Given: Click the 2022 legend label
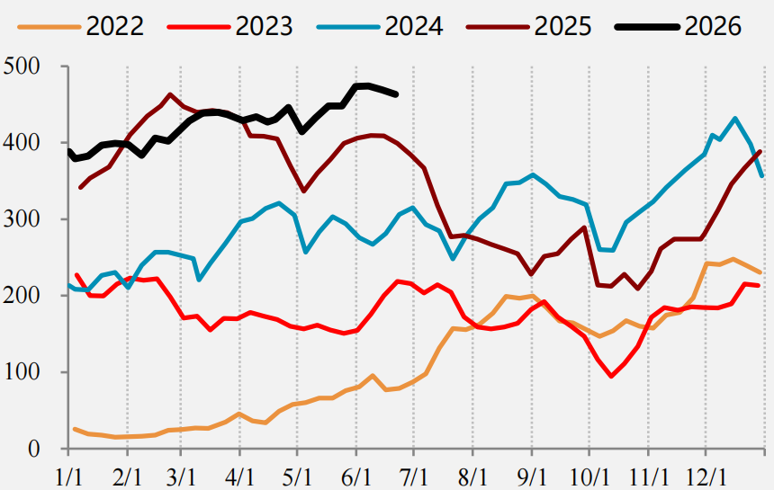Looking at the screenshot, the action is [115, 26].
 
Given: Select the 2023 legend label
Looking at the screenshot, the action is [264, 26].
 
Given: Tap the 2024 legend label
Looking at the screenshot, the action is [414, 26].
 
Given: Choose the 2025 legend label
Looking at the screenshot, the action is [562, 26].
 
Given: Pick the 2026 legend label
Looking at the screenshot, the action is [713, 26].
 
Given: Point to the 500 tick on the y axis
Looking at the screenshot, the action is [22, 66].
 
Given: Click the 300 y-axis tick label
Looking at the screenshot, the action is [22, 218].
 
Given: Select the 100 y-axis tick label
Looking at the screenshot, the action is [22, 371].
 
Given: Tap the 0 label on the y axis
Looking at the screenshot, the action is [33, 449].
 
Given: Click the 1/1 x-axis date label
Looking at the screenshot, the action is [68, 477].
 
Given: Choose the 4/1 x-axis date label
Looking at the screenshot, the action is [240, 477].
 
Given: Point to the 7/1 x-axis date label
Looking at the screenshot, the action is [414, 477].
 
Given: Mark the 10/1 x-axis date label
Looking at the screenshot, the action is [589, 477].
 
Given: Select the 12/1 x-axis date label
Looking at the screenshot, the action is [706, 477].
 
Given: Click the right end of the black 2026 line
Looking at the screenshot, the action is [396, 94].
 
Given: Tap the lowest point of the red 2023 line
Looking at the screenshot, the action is [612, 376].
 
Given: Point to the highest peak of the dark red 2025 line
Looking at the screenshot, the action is [170, 94].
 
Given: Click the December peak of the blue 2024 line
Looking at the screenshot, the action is [735, 119].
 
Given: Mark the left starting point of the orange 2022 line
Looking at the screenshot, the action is [75, 430].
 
